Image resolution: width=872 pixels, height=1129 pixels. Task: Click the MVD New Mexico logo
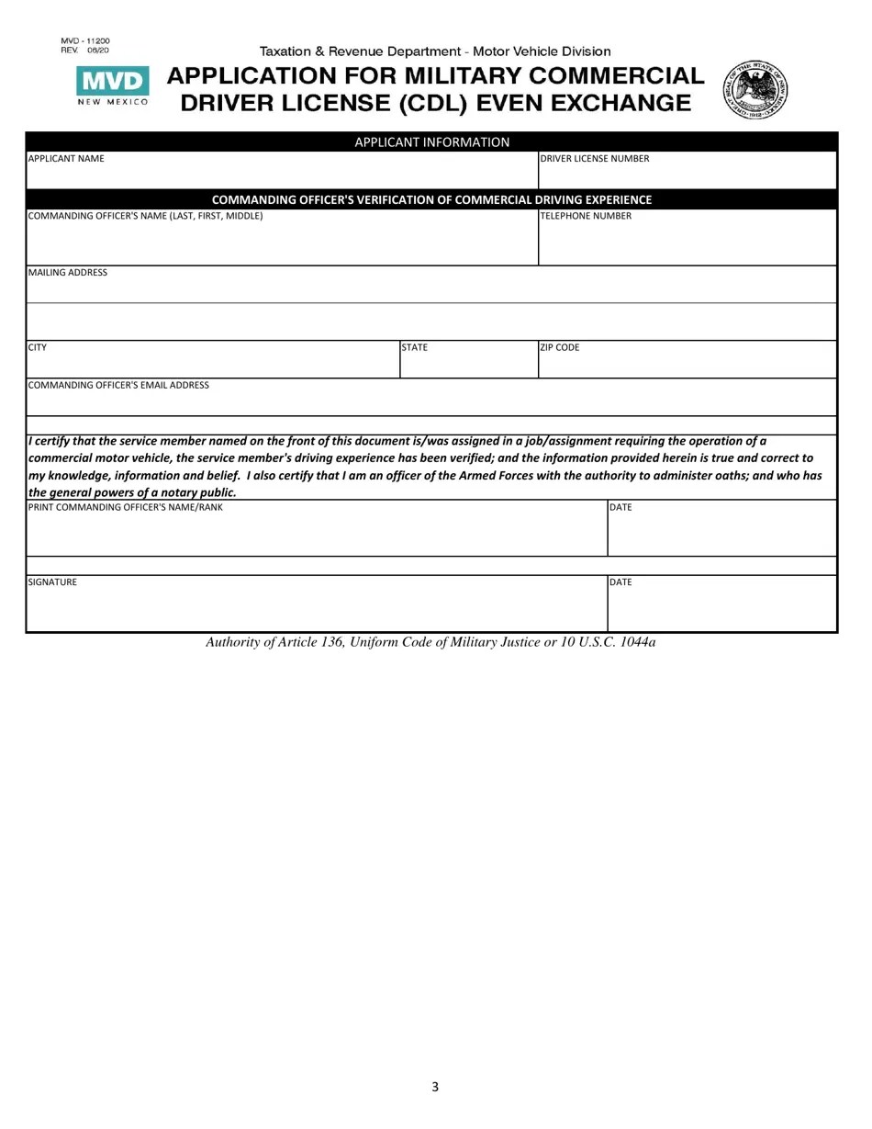tap(112, 88)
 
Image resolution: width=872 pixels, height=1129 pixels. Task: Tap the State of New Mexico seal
tap(756, 90)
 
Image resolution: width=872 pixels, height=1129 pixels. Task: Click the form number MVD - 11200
tap(85, 41)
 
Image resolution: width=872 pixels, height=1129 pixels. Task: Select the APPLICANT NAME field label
tap(66, 159)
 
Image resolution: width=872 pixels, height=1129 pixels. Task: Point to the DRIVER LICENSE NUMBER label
tap(594, 159)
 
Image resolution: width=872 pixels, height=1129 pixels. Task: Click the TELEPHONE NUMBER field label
tap(586, 216)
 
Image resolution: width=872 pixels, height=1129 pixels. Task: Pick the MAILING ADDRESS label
tap(68, 273)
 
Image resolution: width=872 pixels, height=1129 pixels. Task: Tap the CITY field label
tap(38, 348)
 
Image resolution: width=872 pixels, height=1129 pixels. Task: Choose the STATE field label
tap(415, 348)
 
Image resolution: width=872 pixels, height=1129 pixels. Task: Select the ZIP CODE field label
tap(560, 348)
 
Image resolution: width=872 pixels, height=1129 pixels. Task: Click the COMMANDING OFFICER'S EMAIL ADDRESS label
tap(118, 386)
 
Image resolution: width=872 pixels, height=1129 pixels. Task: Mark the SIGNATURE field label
tap(53, 582)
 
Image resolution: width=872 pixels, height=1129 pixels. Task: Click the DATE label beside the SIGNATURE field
tap(621, 582)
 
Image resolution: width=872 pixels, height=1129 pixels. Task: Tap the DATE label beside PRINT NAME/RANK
tap(621, 507)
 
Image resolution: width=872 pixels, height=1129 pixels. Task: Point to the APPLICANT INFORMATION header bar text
tap(431, 142)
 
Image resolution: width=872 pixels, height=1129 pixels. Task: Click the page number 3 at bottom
tap(435, 1088)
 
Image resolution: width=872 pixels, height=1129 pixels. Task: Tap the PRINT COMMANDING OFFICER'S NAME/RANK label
tap(126, 507)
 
